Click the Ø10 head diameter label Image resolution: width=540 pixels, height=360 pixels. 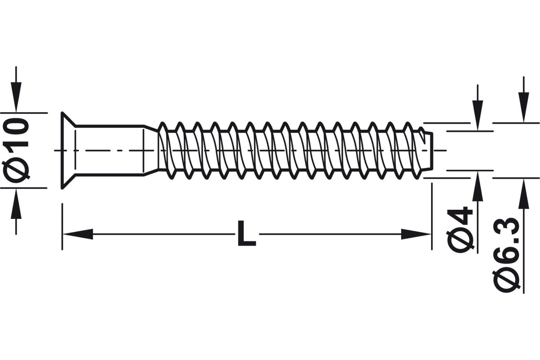(16, 150)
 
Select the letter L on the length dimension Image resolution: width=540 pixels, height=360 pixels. (247, 234)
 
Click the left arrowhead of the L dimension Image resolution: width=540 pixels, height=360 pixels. (77, 234)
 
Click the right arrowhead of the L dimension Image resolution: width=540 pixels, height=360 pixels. (416, 234)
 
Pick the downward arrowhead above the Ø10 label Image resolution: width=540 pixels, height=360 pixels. (16, 97)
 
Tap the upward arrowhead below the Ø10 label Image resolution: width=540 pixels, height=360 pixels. (16, 204)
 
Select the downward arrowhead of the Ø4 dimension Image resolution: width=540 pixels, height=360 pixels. (477, 116)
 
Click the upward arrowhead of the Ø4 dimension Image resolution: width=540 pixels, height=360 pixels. (477, 186)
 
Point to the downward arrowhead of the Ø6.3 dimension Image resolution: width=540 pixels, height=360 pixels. (524, 108)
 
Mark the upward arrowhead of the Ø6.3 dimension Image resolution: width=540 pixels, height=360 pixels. (524, 193)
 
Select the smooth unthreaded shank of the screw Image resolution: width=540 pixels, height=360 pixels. (110, 150)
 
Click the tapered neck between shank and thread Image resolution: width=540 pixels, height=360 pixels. (151, 150)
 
